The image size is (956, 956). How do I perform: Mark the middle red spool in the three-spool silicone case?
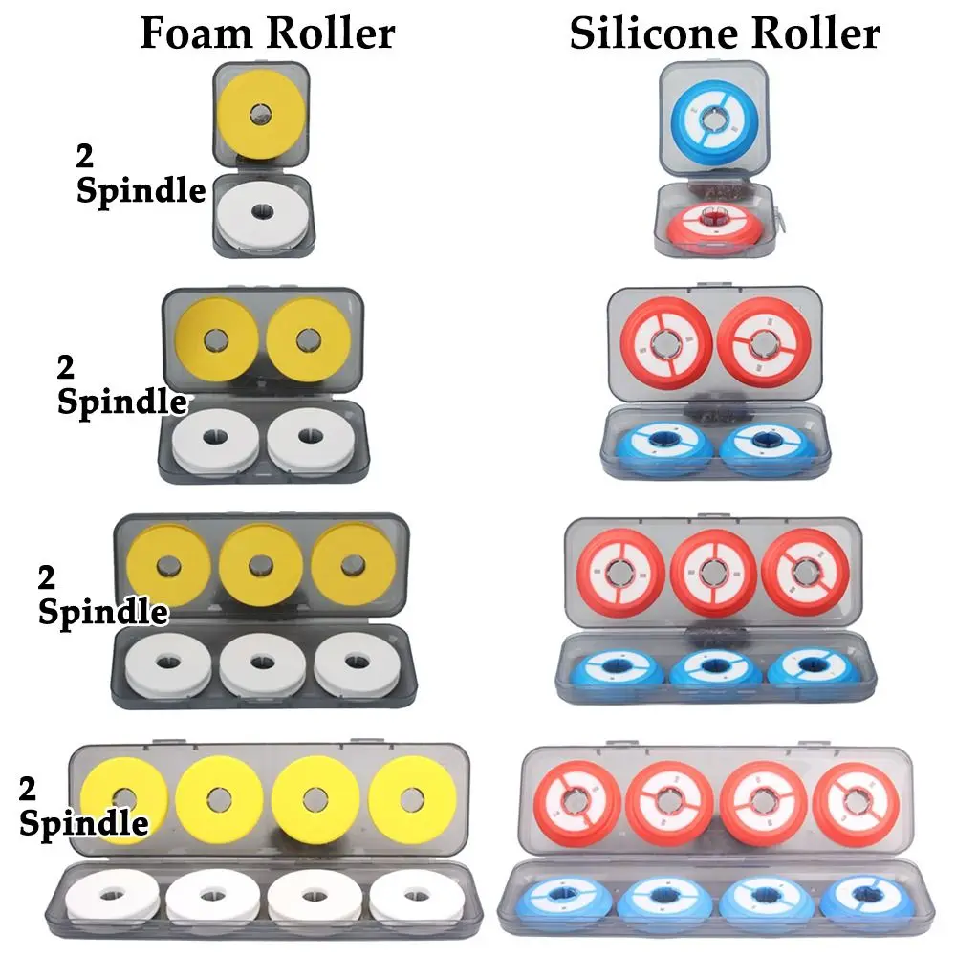(x=712, y=571)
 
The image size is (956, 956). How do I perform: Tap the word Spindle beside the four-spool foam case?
(x=83, y=821)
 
